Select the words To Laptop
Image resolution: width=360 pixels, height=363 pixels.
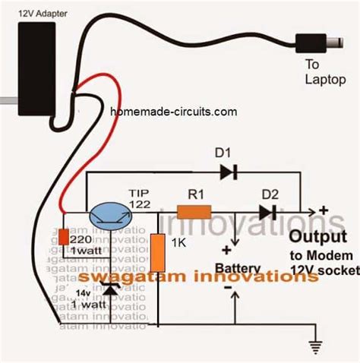point(324,72)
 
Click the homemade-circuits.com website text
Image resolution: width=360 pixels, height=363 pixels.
point(174,111)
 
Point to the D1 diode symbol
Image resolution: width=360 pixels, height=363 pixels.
point(228,172)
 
